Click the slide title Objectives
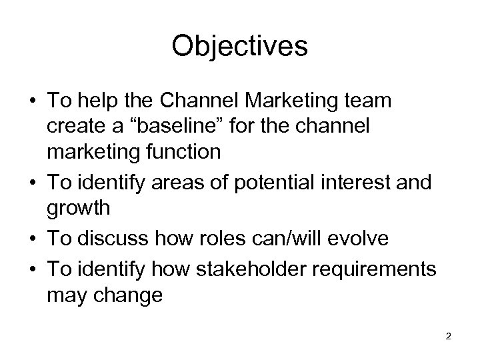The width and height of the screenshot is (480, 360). pos(239,47)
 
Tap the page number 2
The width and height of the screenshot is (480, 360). pos(449,336)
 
